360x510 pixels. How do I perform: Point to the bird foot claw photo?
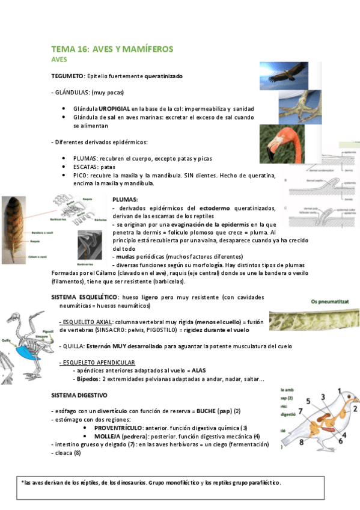(x=283, y=109)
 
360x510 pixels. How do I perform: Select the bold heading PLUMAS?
(x=125, y=199)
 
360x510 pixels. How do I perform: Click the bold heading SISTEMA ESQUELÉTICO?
(x=84, y=297)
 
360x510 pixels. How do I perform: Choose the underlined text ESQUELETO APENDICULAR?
(x=97, y=363)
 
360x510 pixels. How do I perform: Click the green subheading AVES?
(x=59, y=60)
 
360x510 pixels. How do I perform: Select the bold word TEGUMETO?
(x=68, y=77)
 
